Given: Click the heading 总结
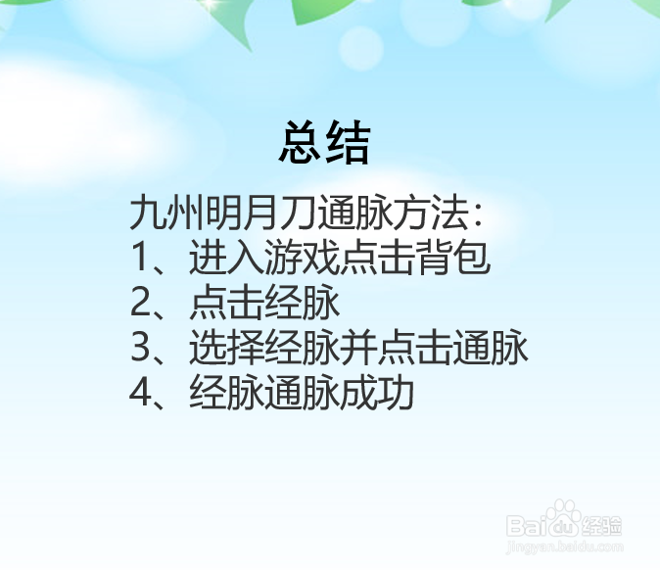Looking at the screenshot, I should [325, 144].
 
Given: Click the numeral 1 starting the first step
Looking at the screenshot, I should [139, 259].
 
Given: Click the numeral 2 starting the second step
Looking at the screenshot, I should [140, 304].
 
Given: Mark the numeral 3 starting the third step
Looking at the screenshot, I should [140, 349].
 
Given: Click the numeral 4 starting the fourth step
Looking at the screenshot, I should [140, 394].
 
